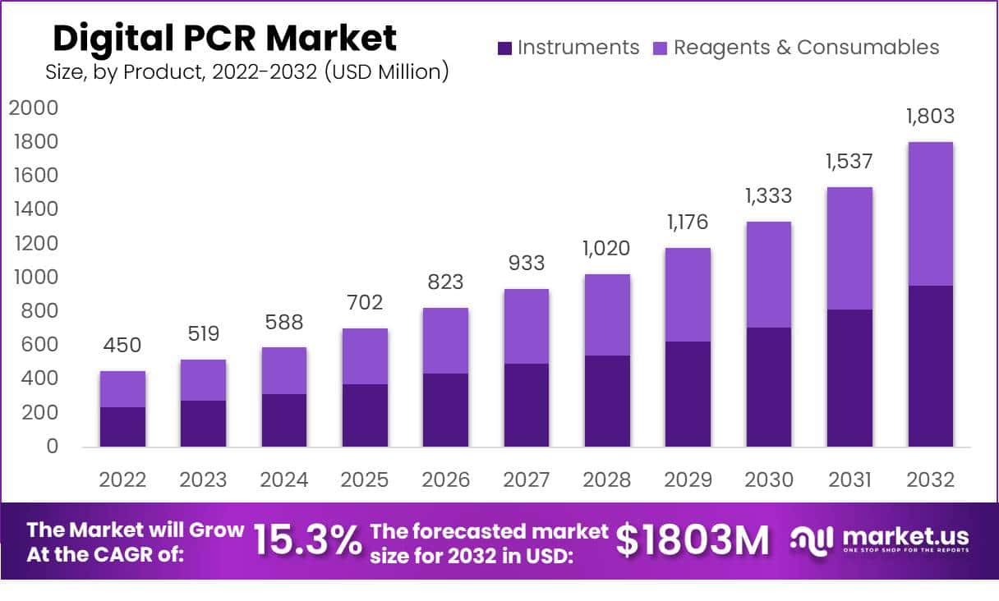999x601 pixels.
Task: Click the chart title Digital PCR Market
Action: tap(224, 38)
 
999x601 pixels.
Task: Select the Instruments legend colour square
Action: tap(504, 48)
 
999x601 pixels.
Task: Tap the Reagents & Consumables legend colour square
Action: tap(661, 48)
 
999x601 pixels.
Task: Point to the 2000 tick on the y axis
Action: tap(34, 108)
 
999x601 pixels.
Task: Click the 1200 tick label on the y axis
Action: tap(34, 243)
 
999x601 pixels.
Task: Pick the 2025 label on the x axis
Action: tap(365, 479)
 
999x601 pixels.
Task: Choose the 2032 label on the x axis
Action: tap(931, 479)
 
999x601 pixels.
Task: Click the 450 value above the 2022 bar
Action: tap(122, 345)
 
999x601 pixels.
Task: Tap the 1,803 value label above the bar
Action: tap(931, 116)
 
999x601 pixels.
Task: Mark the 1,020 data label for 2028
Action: tap(607, 248)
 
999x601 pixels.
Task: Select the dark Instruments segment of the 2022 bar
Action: tap(122, 427)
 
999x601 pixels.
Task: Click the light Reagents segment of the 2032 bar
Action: tap(931, 213)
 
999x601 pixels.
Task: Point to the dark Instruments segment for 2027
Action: tap(527, 405)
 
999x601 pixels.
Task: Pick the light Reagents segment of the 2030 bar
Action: tap(769, 274)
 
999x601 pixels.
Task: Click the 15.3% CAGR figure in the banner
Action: tap(307, 540)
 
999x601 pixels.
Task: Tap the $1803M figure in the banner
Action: tap(693, 540)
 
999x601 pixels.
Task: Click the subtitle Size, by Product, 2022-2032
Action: tap(246, 72)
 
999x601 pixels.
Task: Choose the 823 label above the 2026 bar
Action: tap(445, 282)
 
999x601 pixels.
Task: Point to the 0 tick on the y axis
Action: tap(51, 447)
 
